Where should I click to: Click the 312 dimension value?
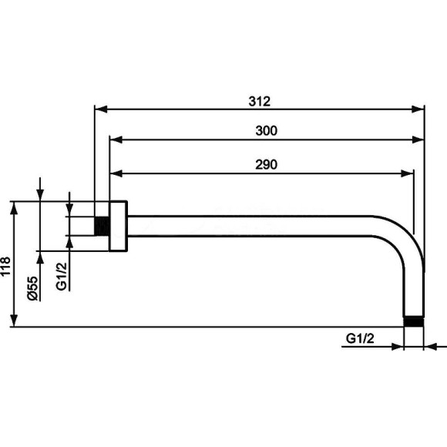[259, 102]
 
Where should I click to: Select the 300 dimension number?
[266, 131]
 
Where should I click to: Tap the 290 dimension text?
[266, 165]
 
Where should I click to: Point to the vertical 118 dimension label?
[5, 265]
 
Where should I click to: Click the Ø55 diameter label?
[33, 288]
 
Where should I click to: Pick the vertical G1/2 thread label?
[62, 276]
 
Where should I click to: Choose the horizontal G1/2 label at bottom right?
[360, 338]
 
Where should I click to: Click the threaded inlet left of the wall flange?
[102, 226]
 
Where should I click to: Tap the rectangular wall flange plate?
[119, 227]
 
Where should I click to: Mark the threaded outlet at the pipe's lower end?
[414, 321]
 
